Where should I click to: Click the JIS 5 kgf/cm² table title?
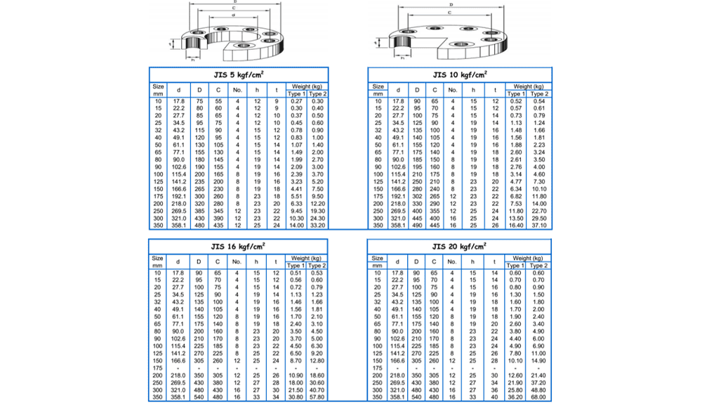coord(239,74)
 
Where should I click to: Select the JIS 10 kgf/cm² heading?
coord(460,74)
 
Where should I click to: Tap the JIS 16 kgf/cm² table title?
coord(239,247)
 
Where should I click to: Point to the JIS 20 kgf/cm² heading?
coord(460,247)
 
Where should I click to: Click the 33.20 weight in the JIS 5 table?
coord(319,226)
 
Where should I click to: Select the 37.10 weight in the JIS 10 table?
coord(539,226)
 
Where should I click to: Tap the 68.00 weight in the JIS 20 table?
coord(539,398)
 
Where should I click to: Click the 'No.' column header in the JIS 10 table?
coord(453,90)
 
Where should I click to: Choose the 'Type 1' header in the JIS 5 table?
coord(296,93)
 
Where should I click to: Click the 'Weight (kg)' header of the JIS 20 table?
coord(527,259)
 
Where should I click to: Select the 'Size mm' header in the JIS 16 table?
coord(157,262)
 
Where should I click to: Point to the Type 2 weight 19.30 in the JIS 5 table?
coord(319,210)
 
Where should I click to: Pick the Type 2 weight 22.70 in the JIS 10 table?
coord(539,210)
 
